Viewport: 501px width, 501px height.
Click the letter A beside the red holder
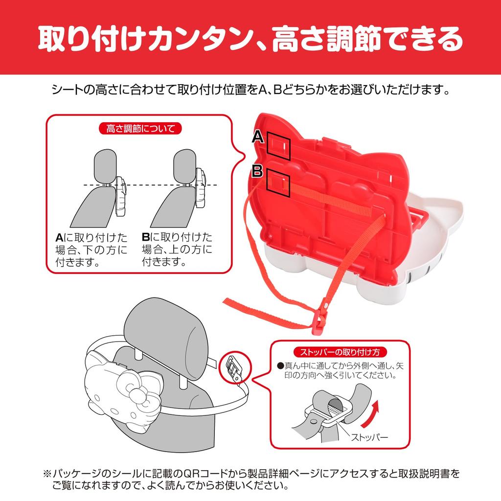258,137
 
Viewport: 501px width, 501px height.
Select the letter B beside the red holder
258,171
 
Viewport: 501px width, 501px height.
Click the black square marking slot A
278,146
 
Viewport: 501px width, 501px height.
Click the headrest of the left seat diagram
105,165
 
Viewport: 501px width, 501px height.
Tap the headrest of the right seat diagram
186,165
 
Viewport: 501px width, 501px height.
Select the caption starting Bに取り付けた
177,250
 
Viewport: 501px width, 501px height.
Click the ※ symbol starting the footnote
46,474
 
